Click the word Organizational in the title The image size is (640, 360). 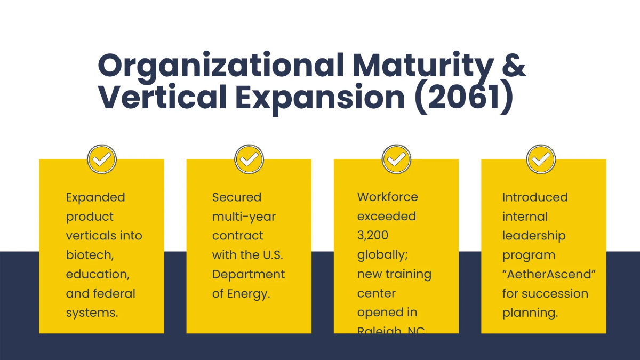220,66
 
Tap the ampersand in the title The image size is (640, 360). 513,66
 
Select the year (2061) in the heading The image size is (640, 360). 463,98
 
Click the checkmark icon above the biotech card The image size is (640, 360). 101,159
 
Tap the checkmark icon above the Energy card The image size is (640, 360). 249,159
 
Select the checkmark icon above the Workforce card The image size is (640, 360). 396,159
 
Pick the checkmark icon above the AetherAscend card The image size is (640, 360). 541,159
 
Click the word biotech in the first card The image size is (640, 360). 89,255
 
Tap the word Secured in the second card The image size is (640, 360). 237,197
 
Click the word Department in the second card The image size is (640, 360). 249,274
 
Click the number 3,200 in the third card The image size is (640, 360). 373,236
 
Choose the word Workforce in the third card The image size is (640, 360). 387,197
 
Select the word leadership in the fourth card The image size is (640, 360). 526,236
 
